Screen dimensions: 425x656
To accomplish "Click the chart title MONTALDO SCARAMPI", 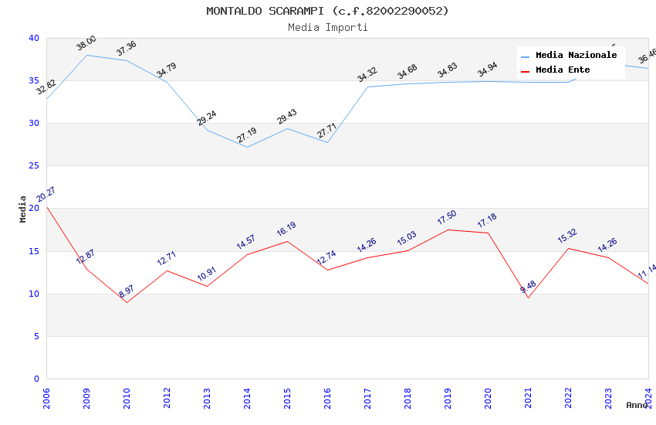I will [x=327, y=11].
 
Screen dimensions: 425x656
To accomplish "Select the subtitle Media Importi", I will [x=327, y=27].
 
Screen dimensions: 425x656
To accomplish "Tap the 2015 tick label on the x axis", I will [x=287, y=399].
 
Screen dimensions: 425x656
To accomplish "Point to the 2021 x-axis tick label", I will [x=528, y=399].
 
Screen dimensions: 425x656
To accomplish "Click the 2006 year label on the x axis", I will [x=46, y=399].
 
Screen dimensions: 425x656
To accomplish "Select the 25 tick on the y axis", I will [x=34, y=166].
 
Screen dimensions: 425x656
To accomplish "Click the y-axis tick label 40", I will [x=34, y=38].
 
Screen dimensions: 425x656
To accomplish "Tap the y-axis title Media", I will [x=23, y=209].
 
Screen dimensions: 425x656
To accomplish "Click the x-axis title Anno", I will [x=637, y=405].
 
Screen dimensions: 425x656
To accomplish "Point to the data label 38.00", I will [x=86, y=43].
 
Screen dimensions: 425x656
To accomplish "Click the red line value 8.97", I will [x=127, y=290].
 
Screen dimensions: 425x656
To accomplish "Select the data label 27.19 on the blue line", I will [x=247, y=136].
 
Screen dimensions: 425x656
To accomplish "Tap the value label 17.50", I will [x=448, y=218].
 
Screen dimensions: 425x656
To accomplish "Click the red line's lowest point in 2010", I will [x=127, y=302].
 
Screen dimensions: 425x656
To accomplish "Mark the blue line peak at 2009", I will [x=86, y=55].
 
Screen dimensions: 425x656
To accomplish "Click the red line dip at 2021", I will [x=528, y=297].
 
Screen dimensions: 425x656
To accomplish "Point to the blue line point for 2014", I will [x=247, y=147].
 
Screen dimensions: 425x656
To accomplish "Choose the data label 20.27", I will [x=46, y=194].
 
